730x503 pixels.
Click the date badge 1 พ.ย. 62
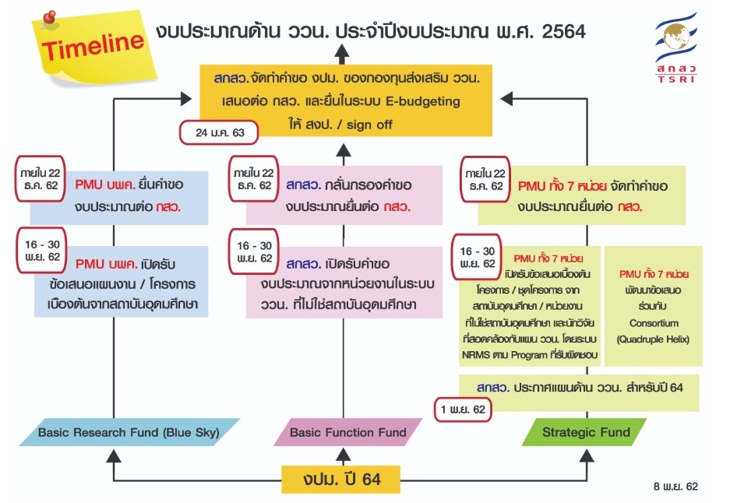464,409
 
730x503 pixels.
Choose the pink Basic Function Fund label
348,431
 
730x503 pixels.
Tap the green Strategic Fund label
587,431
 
